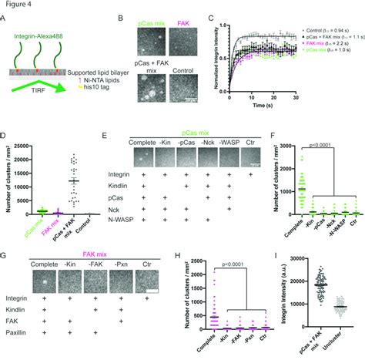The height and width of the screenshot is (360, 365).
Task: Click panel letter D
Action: point(5,133)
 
